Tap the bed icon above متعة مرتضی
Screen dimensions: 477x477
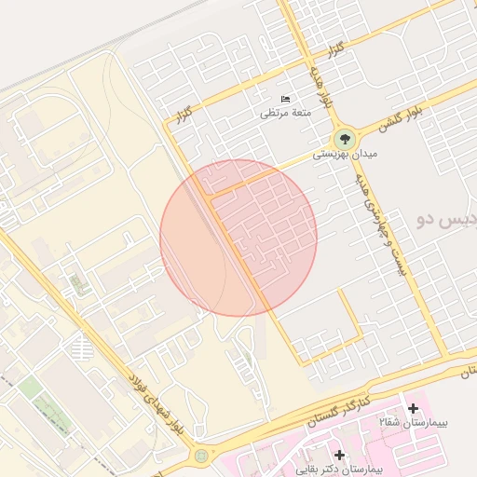pyautogui.click(x=286, y=100)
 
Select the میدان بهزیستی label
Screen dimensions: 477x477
pyautogui.click(x=333, y=155)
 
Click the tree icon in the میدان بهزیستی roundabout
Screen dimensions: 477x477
pyautogui.click(x=342, y=138)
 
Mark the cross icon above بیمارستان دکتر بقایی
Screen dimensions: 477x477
pyautogui.click(x=340, y=456)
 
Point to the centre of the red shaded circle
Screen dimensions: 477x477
pyautogui.click(x=238, y=238)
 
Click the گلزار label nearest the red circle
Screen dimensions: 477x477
pyautogui.click(x=182, y=115)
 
